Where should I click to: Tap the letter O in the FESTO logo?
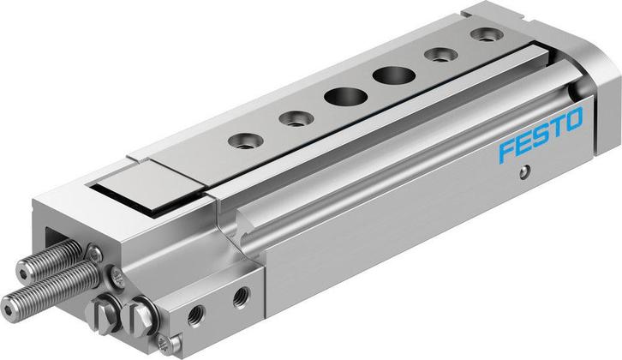[575, 118]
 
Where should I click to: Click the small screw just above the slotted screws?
[98, 254]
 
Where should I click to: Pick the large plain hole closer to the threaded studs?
[337, 96]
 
